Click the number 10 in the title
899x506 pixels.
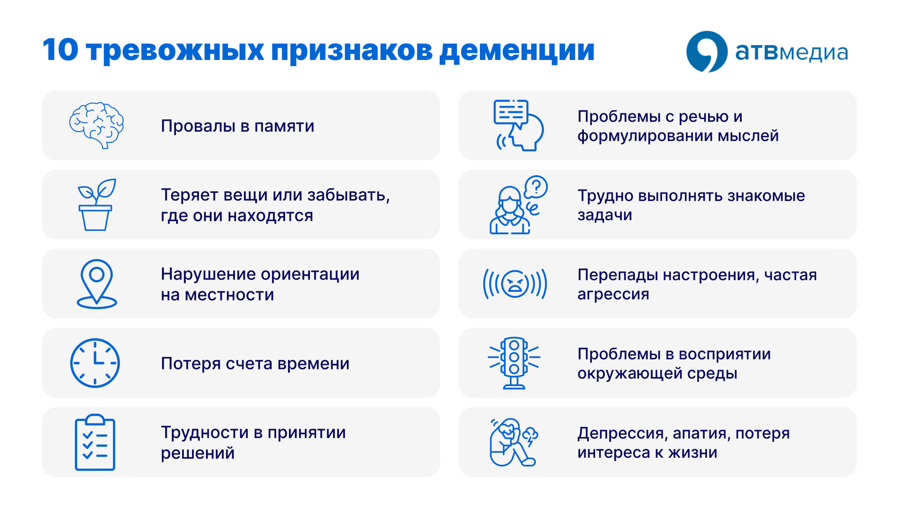(x=60, y=50)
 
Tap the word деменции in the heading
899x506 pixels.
(x=517, y=51)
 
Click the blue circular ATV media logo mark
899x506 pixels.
(x=707, y=52)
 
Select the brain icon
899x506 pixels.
(x=96, y=125)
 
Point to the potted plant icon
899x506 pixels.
(x=96, y=205)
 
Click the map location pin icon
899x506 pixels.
(x=97, y=284)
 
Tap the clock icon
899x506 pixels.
(x=95, y=363)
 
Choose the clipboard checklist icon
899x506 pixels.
(x=95, y=442)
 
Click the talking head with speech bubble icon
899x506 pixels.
(x=518, y=125)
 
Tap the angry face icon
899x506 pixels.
(x=515, y=284)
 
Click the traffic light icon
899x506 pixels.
(x=514, y=363)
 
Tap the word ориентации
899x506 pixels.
(x=310, y=275)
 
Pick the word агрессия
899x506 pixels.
(x=613, y=294)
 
